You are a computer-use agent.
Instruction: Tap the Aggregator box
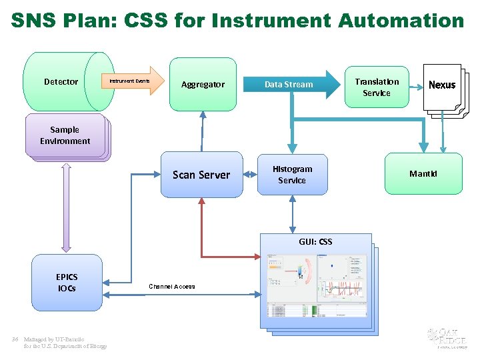click(203, 85)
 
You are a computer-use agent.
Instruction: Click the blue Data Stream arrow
click(293, 85)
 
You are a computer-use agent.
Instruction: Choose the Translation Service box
click(376, 87)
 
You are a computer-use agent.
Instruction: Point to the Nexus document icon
click(442, 87)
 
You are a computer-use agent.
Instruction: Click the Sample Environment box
click(65, 135)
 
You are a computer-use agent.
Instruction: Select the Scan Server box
click(201, 175)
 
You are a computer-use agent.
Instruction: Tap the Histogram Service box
click(292, 175)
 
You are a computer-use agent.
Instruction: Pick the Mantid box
click(424, 174)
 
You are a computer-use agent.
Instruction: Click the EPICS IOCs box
click(67, 283)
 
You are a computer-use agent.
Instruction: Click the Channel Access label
click(172, 287)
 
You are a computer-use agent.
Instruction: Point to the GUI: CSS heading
click(315, 242)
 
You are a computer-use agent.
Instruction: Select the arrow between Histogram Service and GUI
click(292, 215)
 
